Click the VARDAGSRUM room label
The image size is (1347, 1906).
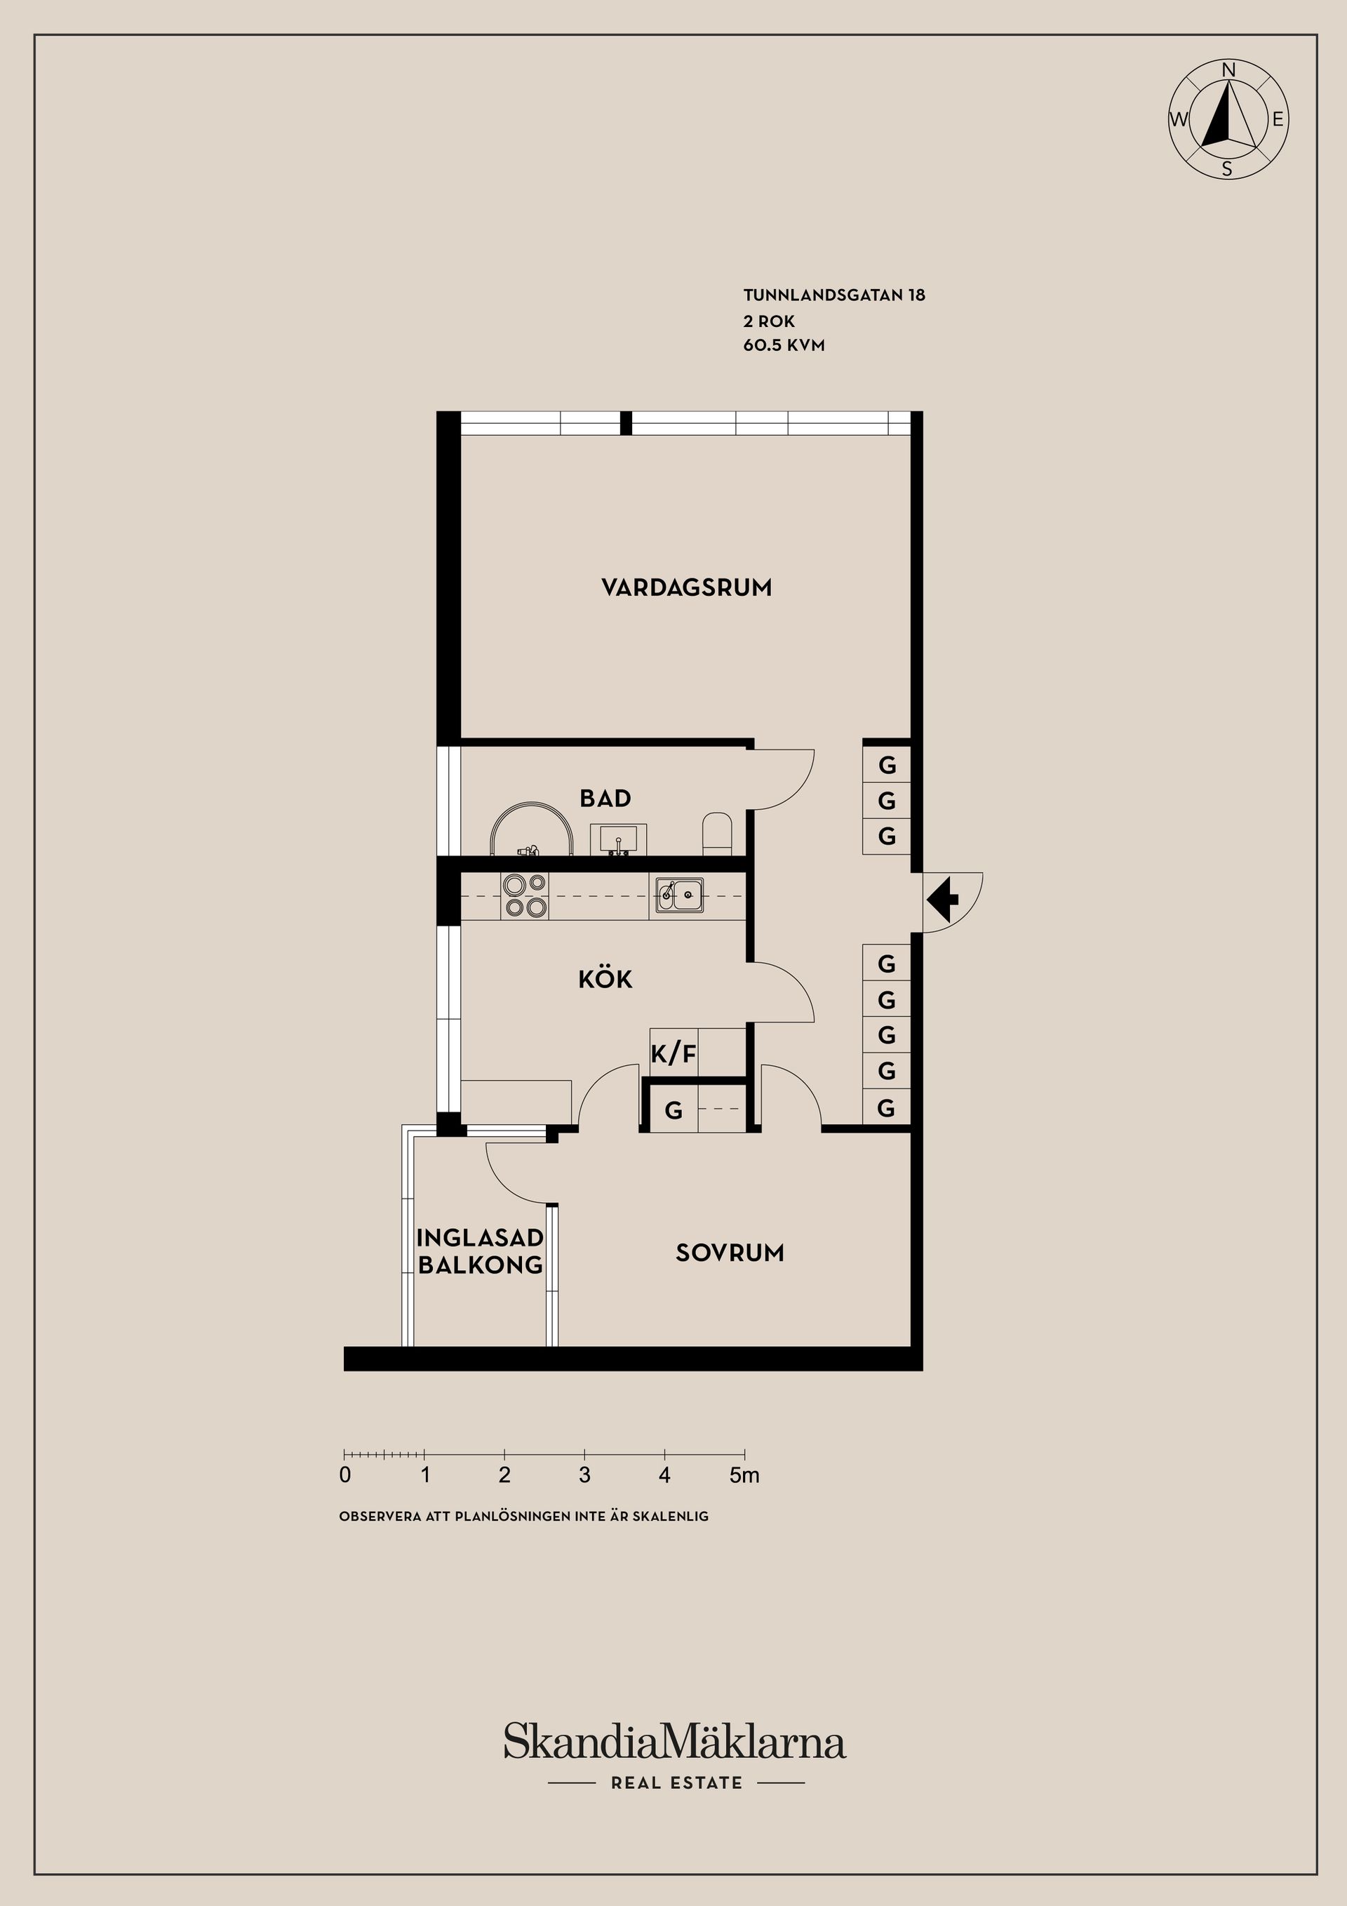[686, 588]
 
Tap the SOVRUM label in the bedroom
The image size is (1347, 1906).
[730, 1253]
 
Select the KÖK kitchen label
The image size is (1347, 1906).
[605, 980]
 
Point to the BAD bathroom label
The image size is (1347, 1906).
[605, 799]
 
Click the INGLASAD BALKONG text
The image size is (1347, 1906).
[480, 1251]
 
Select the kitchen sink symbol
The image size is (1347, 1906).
[680, 895]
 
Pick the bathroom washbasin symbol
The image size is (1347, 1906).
[618, 839]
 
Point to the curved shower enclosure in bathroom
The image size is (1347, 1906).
[531, 829]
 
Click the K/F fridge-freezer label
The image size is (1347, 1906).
[673, 1054]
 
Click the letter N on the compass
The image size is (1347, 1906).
[1229, 71]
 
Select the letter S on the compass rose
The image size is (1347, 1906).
[1226, 170]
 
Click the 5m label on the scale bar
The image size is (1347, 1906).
[744, 1475]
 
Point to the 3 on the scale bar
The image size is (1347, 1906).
[584, 1475]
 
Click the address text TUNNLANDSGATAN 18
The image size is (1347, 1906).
[834, 295]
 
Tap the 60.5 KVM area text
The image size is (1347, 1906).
[784, 345]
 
